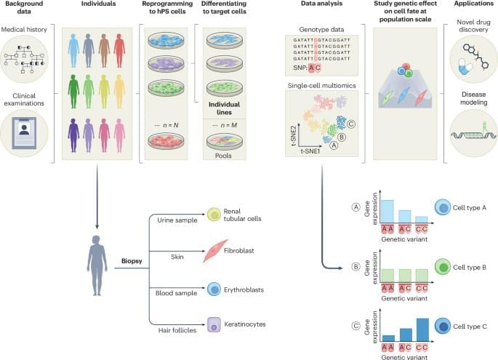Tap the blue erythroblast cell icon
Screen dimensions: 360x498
click(214, 289)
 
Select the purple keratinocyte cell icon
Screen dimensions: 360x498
click(214, 325)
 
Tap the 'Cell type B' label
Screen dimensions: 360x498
click(474, 268)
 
